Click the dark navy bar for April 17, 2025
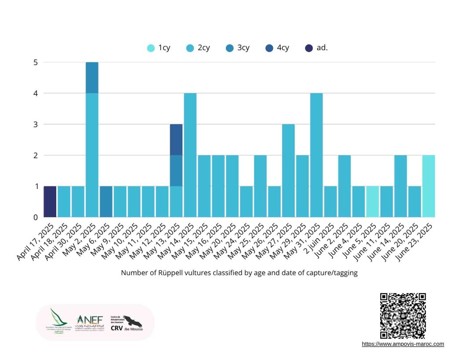coord(50,202)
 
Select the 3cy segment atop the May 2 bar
coord(92,78)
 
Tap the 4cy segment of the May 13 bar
coord(176,140)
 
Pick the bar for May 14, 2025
coord(190,155)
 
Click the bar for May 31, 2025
coord(317,155)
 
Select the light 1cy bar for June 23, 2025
coord(429,186)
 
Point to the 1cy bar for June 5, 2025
coord(373,202)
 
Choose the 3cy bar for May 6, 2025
coord(106,202)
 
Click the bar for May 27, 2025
coord(289,171)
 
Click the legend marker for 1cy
coord(151,48)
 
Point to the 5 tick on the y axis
coord(36,62)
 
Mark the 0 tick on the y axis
coord(36,217)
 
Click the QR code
coord(403,316)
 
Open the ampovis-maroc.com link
coord(403,344)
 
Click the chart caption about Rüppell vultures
coord(239,273)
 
